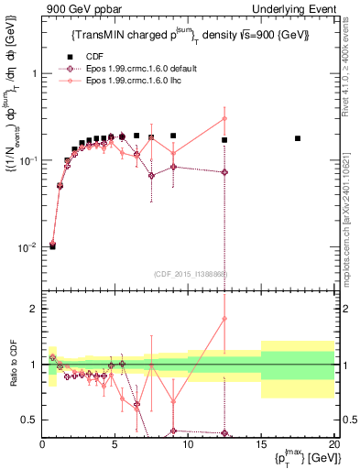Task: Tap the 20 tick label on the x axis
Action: [x=333, y=444]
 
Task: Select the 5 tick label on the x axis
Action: [x=115, y=444]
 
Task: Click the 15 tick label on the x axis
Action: [x=260, y=444]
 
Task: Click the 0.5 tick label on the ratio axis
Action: [x=29, y=420]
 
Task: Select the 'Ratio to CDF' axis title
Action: [x=11, y=364]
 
